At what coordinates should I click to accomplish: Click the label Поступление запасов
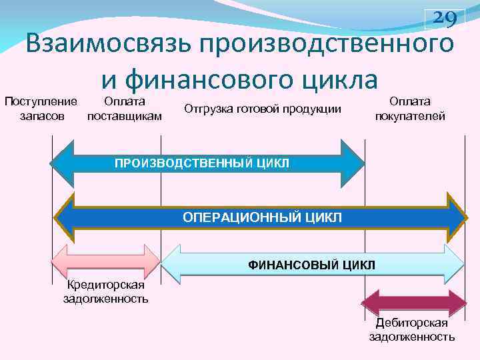coord(41,108)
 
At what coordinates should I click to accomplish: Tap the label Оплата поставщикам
coord(125,108)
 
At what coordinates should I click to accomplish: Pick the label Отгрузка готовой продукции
coord(262,109)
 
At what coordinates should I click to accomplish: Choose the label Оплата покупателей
coord(410,108)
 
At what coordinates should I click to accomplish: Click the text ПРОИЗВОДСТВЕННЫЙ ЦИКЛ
coord(202,163)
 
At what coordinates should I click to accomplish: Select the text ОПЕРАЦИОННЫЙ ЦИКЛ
coord(262,218)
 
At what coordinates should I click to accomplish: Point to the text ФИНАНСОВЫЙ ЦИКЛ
coord(312,265)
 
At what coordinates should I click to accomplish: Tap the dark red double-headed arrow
coord(413,303)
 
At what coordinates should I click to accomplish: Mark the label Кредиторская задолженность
coord(105,292)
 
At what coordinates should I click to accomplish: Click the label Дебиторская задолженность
coord(412,330)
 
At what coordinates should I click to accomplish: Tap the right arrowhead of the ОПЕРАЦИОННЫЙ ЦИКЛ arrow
coord(457,217)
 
